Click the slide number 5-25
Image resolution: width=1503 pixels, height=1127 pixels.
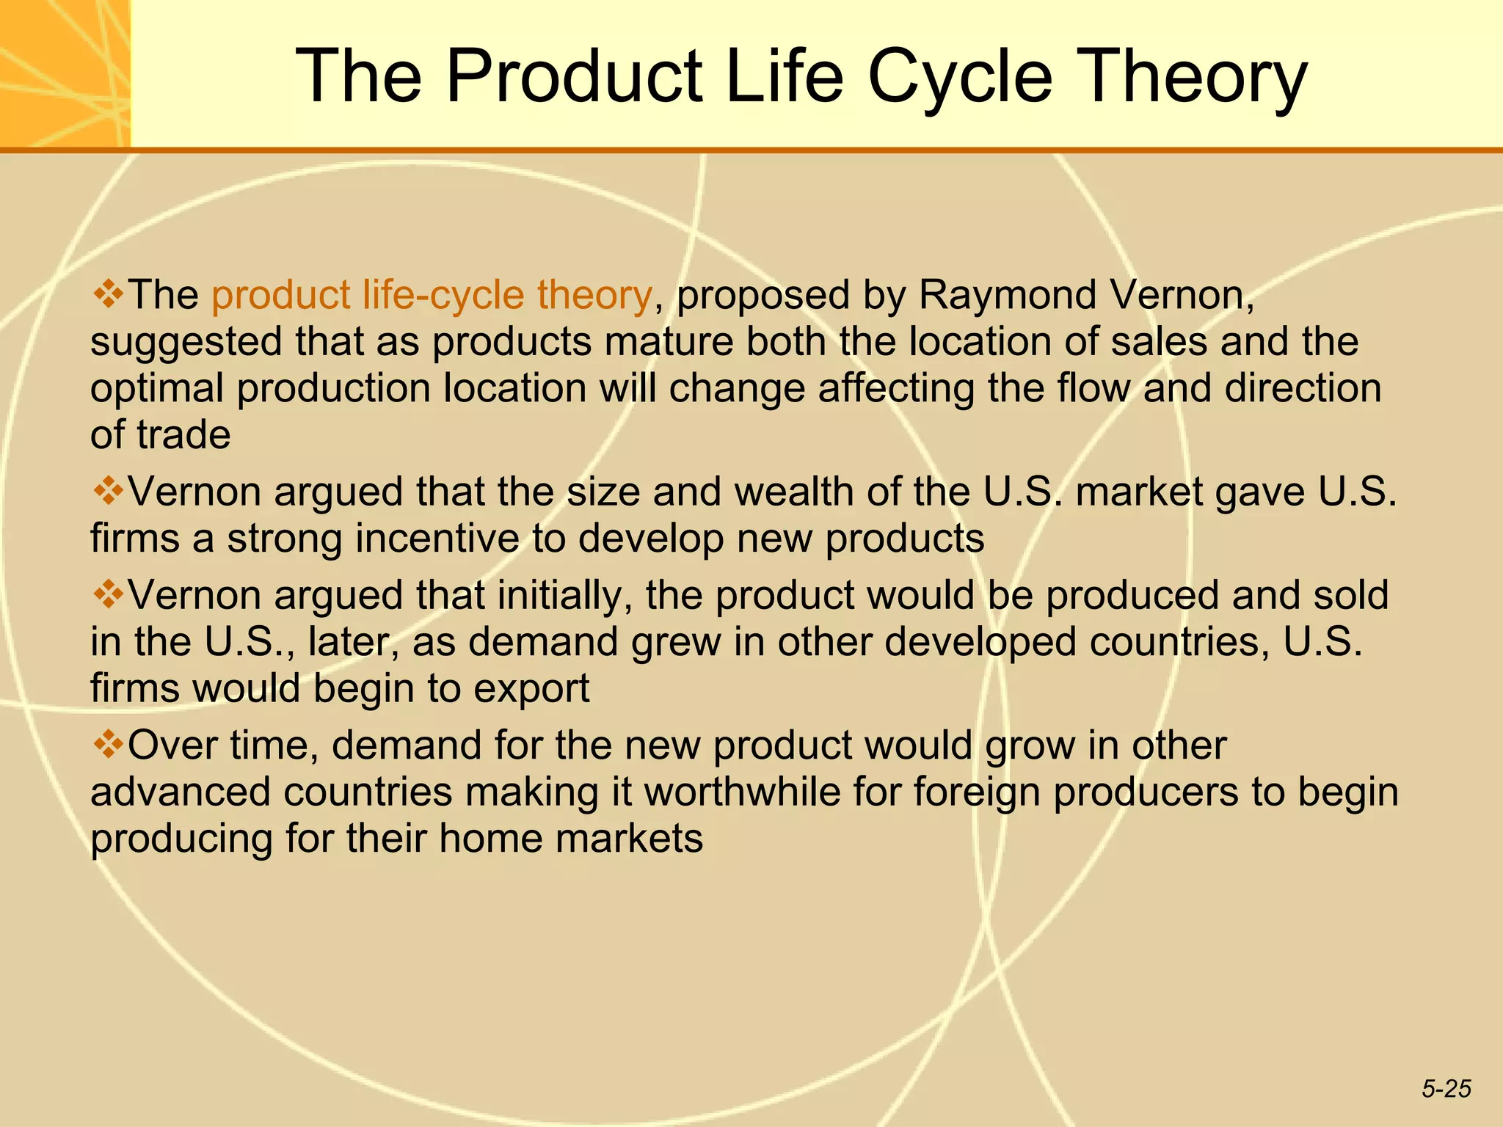1446,1089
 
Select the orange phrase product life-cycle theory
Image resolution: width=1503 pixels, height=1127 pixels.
432,295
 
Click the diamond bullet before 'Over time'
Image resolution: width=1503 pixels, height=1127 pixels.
108,745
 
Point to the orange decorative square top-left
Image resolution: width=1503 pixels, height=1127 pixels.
65,73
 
